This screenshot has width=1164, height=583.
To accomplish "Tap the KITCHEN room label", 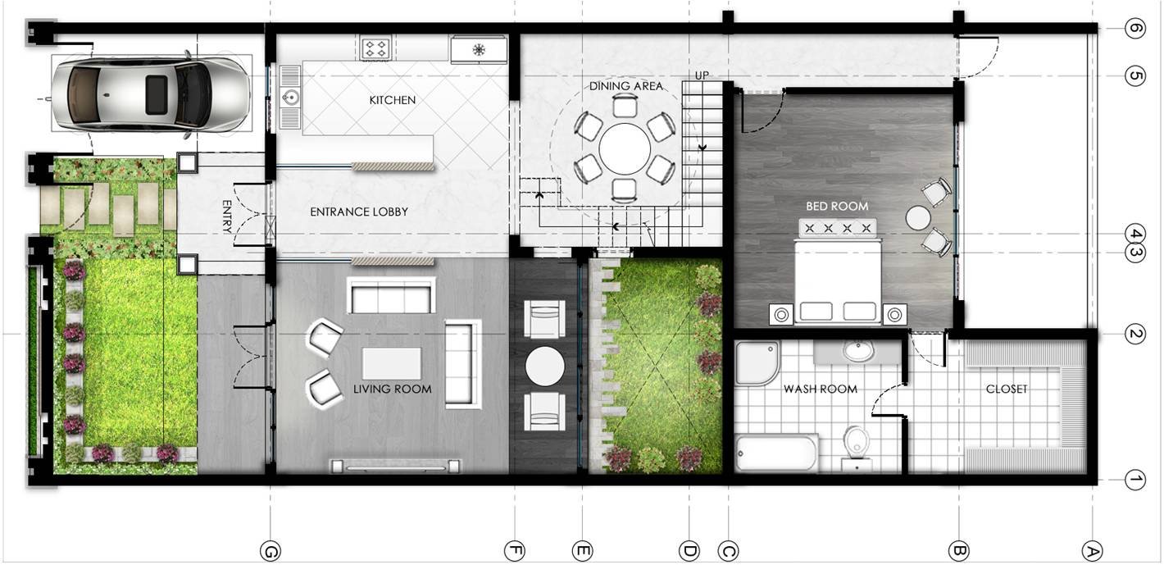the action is (393, 100).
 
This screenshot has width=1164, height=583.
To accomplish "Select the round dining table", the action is (624, 148).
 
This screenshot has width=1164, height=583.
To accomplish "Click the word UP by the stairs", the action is (702, 75).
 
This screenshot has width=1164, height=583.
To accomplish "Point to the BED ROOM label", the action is (837, 207).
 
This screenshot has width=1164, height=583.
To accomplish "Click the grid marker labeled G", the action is (270, 551).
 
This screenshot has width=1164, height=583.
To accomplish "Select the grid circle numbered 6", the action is (1134, 28).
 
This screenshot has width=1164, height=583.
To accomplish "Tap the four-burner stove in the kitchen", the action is (375, 48).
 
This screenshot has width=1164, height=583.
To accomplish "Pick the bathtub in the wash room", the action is (777, 453).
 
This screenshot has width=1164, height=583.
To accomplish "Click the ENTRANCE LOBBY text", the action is (358, 212).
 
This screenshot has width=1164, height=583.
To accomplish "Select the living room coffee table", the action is (392, 364).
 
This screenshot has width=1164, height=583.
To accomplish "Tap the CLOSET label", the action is (1006, 389).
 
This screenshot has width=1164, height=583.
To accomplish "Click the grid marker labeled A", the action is (1092, 551).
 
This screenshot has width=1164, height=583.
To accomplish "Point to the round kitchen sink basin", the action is (290, 97).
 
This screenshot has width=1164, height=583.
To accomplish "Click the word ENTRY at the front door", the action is (226, 216).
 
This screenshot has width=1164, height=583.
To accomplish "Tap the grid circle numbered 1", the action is (1134, 480).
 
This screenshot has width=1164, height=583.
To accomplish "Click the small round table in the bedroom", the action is (918, 218).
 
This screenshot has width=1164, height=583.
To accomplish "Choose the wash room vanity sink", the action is (858, 352).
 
